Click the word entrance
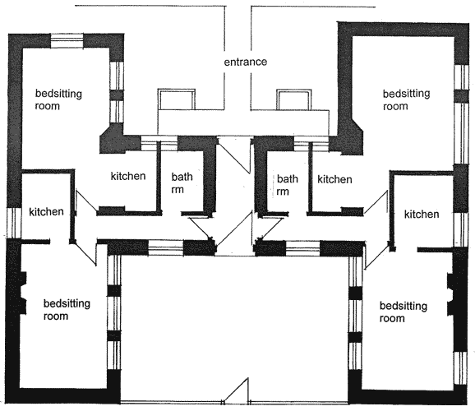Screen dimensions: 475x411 246,62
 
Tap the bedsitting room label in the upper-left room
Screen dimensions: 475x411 58,99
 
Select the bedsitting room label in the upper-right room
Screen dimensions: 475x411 406,99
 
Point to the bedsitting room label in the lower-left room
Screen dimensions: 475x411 67,309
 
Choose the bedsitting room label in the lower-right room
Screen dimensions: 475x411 404,312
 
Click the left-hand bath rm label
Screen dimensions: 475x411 182,182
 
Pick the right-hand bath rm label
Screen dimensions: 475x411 287,185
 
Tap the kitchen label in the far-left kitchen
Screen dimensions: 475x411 46,211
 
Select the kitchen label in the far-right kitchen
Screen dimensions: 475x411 422,215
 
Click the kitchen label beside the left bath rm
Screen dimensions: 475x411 128,176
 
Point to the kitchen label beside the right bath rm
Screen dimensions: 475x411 334,179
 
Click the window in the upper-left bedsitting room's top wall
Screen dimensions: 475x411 67,41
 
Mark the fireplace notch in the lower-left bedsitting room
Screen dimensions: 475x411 23,293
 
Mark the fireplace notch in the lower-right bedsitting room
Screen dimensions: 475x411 451,294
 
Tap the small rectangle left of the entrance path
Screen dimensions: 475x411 177,99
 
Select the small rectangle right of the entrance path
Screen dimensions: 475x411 294,99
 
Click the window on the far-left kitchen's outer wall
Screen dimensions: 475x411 14,223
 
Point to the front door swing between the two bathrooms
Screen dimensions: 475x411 234,155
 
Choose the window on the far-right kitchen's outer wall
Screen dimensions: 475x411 461,229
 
